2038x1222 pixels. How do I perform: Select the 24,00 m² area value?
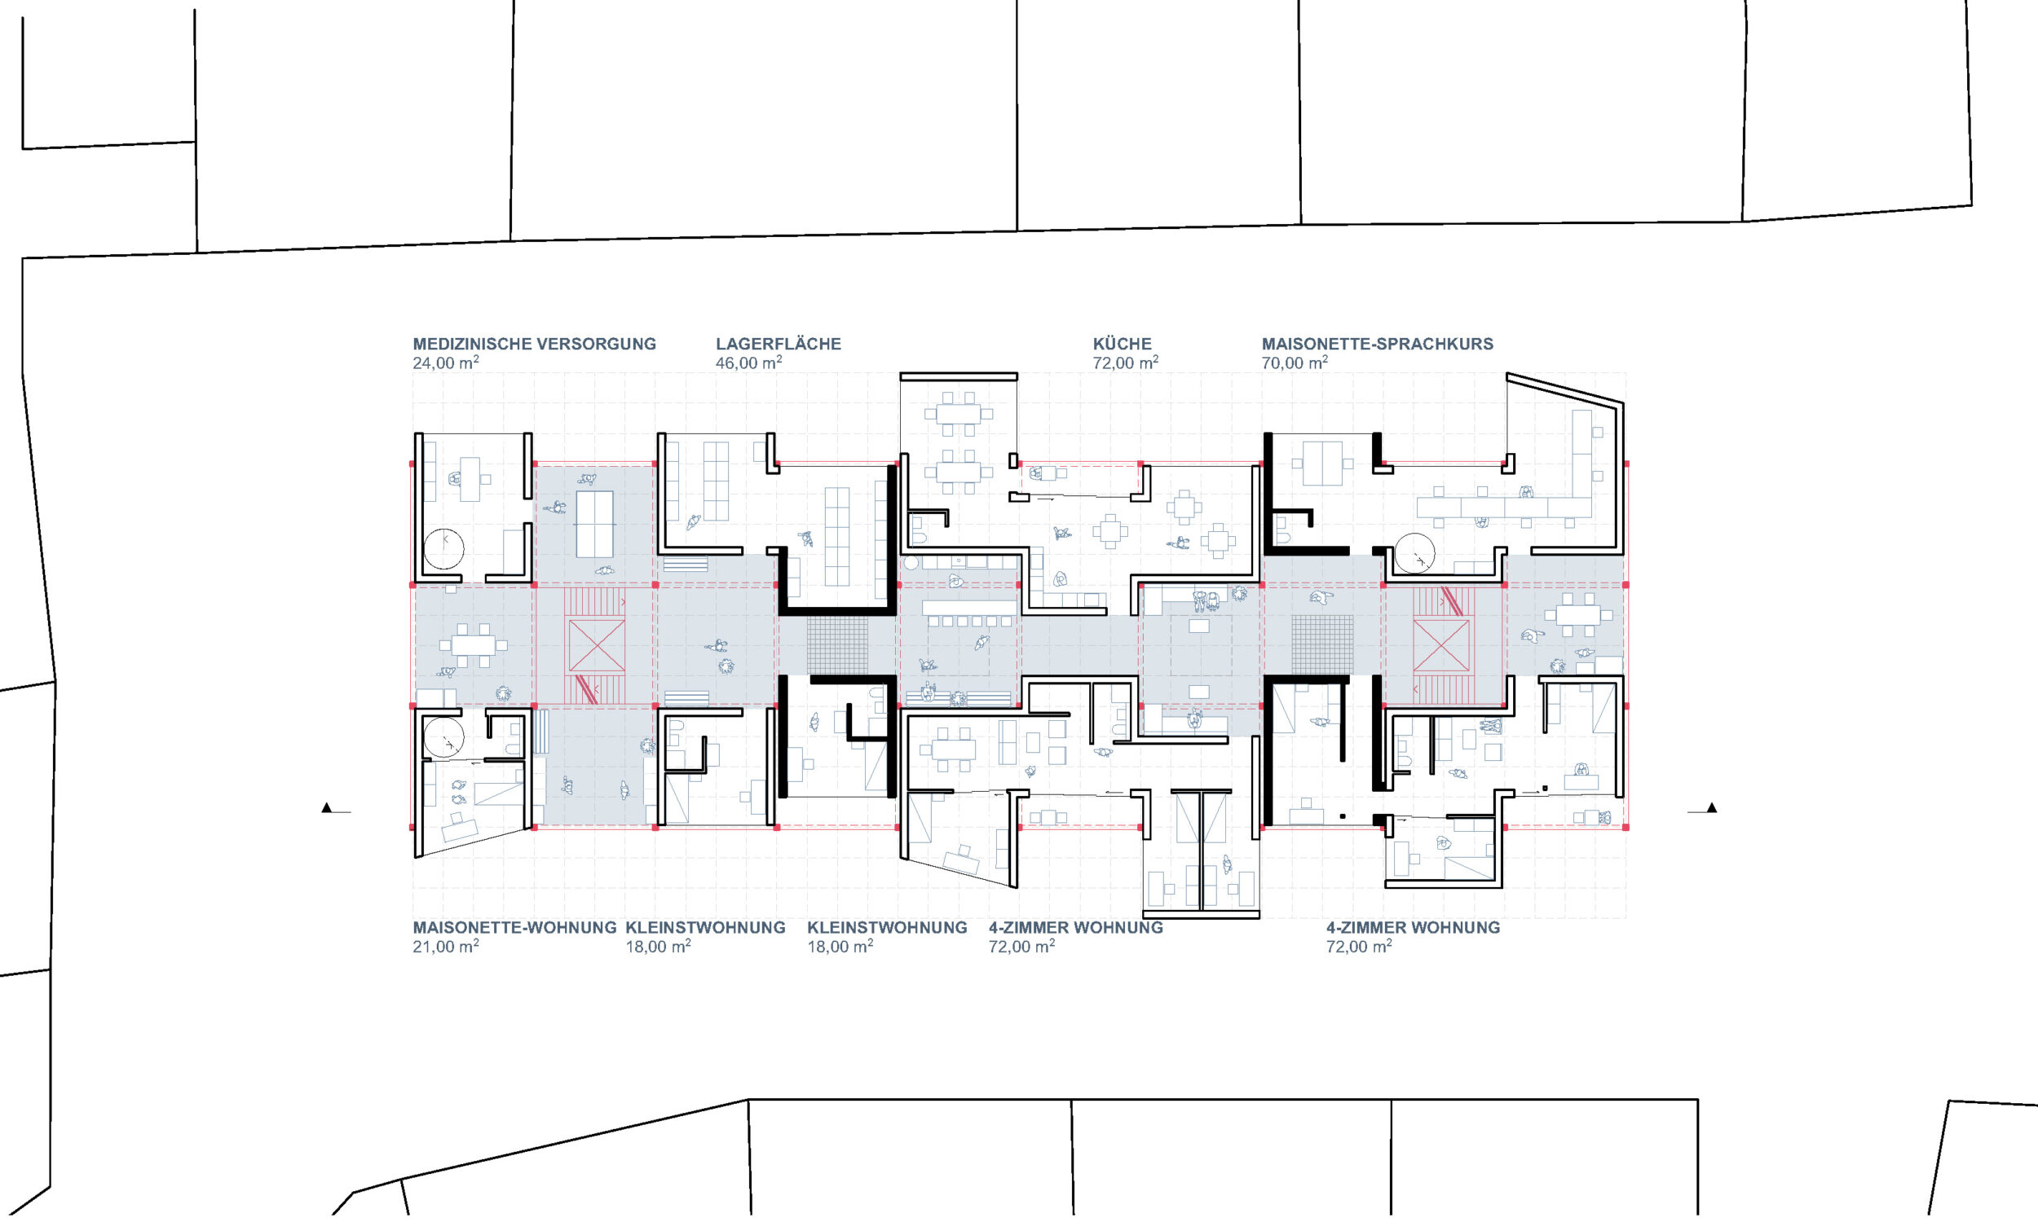tap(446, 363)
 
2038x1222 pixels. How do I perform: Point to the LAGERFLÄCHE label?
tap(779, 345)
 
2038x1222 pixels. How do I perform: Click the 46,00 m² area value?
tap(749, 363)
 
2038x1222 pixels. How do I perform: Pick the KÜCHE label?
tap(1122, 345)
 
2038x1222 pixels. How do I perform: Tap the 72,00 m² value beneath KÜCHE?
tap(1125, 363)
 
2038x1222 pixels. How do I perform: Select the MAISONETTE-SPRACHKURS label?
tap(1378, 345)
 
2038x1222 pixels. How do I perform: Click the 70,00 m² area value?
tap(1295, 363)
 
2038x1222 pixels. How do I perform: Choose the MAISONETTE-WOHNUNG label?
tap(515, 928)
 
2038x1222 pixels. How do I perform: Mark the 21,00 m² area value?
tap(446, 946)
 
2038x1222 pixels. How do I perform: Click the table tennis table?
tap(594, 524)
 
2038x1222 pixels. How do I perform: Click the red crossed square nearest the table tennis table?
tap(597, 645)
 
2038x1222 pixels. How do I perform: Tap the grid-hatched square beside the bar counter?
tap(837, 645)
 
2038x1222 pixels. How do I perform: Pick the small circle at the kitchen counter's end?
tap(911, 563)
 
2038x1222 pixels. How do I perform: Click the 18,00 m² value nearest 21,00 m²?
tap(658, 946)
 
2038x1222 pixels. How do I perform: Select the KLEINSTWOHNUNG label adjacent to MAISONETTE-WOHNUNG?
tap(705, 928)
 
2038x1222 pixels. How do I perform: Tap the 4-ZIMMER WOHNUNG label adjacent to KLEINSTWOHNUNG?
tap(1076, 928)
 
